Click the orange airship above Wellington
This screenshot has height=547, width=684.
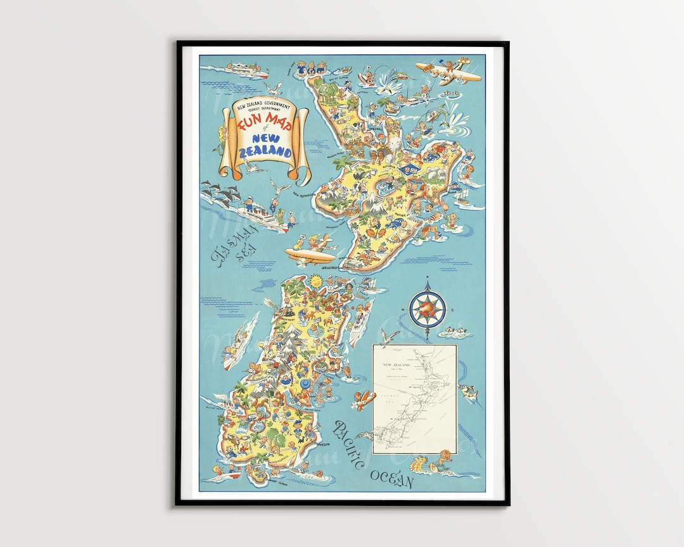(311, 253)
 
